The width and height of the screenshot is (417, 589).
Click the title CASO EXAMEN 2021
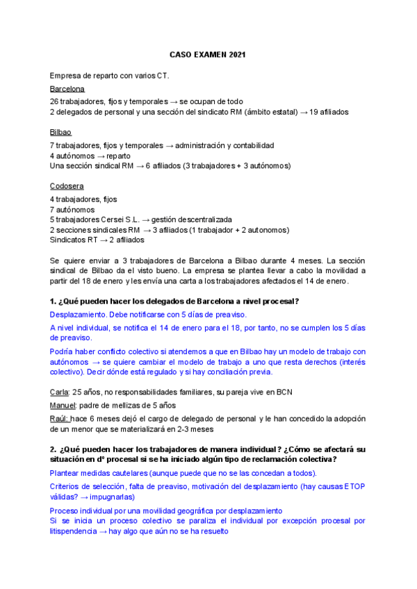point(208,54)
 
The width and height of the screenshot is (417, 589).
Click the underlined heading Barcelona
point(67,89)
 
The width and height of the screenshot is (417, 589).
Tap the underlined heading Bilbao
point(60,132)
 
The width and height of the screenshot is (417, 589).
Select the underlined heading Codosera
point(66,186)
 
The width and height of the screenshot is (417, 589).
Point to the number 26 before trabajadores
point(54,101)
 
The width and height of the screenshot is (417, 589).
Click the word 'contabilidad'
point(252,145)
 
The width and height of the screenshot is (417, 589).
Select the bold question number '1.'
point(53,301)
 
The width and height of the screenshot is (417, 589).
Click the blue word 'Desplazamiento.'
point(76,315)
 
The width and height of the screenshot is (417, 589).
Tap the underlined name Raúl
point(59,418)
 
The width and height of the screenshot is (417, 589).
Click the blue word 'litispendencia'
point(74,531)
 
